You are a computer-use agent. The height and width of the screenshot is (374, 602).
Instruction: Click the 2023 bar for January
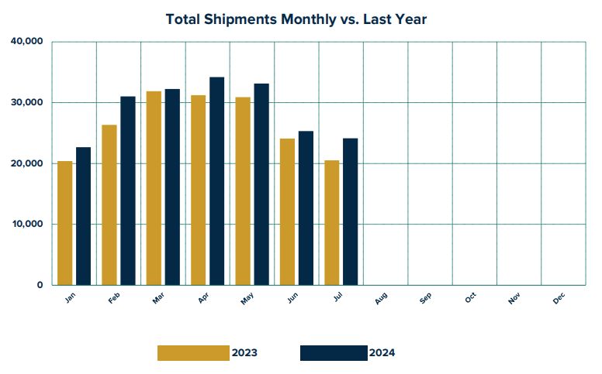[x=64, y=223]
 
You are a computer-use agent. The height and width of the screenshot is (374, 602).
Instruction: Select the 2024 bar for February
[x=127, y=190]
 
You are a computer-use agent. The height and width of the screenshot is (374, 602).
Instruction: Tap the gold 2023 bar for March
[x=154, y=188]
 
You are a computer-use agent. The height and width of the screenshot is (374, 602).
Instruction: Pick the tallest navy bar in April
[x=216, y=181]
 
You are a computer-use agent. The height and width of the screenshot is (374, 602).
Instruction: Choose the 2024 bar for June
[x=306, y=208]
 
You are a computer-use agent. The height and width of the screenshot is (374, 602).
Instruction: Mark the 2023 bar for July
[x=332, y=222]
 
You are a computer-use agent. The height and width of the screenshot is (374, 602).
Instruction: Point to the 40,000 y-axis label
[x=27, y=42]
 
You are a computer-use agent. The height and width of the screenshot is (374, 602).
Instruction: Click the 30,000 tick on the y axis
[x=27, y=103]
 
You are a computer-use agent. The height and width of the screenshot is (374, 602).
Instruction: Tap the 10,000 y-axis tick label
[x=27, y=225]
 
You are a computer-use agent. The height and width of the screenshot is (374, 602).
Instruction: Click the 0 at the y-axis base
[x=40, y=285]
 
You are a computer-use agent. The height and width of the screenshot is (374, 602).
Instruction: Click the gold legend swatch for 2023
[x=193, y=353]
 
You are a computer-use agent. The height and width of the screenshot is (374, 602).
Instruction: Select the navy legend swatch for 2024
[x=334, y=353]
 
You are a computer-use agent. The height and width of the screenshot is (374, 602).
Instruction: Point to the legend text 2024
[x=382, y=353]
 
